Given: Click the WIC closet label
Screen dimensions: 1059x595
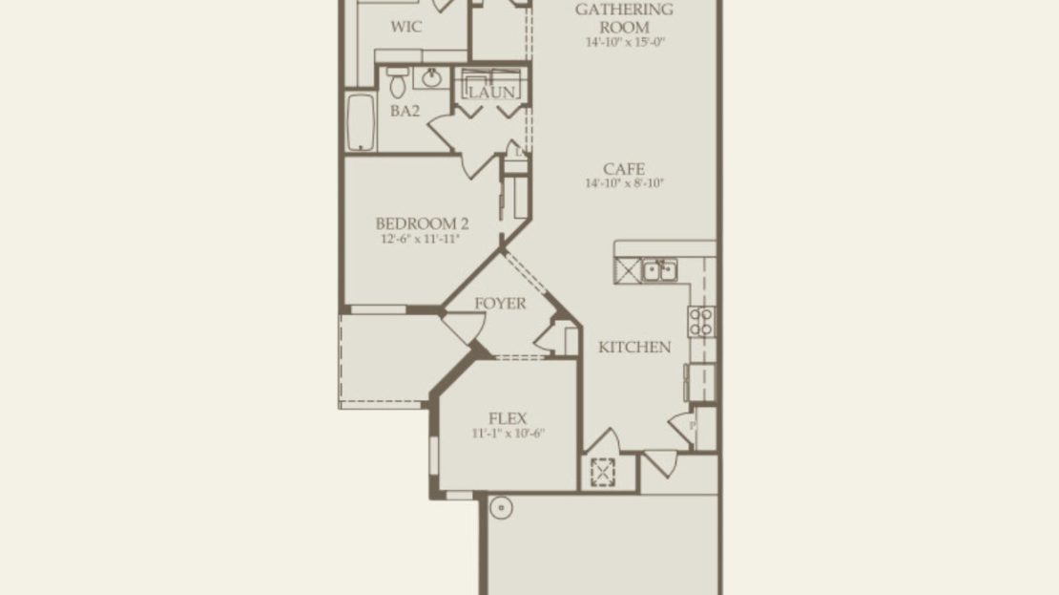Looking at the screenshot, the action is point(405,27).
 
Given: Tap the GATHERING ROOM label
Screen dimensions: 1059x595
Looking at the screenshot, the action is point(624,18).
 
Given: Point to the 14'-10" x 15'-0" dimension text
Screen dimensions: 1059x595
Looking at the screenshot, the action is point(625,42).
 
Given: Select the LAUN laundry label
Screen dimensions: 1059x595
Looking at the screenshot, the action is point(491,92).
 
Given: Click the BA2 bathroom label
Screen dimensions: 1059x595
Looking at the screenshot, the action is point(405,111).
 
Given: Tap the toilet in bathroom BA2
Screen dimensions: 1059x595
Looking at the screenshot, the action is point(398,83).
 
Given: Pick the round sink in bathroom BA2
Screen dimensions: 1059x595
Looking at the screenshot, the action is point(431,77).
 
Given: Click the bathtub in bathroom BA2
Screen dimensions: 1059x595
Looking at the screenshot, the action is point(361,122).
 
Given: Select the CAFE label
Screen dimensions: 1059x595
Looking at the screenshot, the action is point(624,169).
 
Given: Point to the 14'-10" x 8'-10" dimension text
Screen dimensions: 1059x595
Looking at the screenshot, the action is point(625,183).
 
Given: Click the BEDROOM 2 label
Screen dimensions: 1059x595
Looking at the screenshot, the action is point(422,223).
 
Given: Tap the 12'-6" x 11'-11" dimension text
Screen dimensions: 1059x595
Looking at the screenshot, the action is point(420,239).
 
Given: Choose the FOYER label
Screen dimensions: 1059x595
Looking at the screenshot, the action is point(500,304).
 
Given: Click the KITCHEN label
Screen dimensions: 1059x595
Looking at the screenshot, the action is point(634,347).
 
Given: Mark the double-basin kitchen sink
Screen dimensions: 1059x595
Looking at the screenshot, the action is point(659,270).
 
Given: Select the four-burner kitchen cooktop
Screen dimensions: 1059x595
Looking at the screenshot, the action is point(701,322).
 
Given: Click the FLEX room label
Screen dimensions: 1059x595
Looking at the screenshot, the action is point(508,418).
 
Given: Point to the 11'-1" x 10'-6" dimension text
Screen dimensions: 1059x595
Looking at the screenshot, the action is point(508,434).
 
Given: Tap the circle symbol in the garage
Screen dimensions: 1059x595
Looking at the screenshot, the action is point(501,508).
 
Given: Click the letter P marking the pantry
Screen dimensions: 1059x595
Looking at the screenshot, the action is point(693,426).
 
